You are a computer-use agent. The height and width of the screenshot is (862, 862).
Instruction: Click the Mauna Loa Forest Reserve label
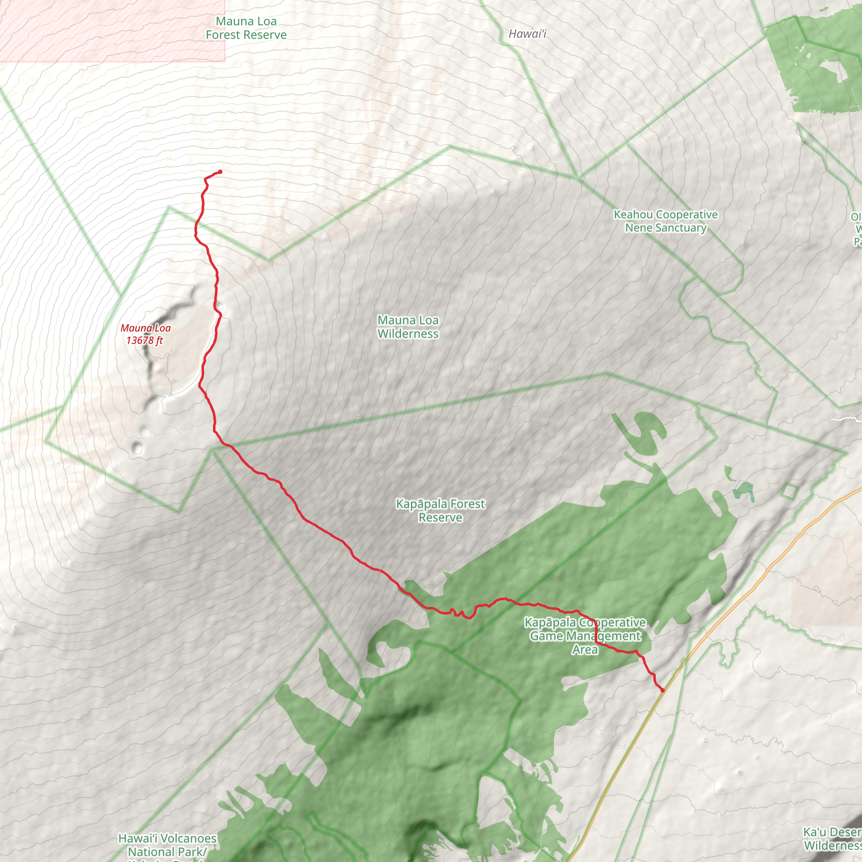246,28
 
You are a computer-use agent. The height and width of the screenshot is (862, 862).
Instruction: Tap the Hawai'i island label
527,34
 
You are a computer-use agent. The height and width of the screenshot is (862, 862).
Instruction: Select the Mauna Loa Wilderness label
408,327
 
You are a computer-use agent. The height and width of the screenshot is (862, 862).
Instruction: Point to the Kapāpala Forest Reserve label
440,511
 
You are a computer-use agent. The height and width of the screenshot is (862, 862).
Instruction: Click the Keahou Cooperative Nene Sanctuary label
666,221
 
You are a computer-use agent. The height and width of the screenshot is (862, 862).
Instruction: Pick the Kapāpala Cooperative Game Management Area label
585,636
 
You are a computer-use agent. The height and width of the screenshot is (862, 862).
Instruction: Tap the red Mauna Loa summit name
146,328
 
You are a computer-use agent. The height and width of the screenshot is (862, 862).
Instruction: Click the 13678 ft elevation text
144,341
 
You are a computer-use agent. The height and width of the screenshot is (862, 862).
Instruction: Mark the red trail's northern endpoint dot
220,172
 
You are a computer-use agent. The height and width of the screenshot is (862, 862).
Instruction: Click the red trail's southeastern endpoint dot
662,690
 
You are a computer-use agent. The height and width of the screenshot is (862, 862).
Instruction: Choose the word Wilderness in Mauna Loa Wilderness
408,334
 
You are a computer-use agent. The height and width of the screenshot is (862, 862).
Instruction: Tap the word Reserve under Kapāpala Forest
440,518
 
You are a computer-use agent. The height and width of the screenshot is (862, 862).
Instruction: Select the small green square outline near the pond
789,491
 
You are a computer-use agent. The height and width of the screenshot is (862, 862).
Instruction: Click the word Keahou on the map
633,215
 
